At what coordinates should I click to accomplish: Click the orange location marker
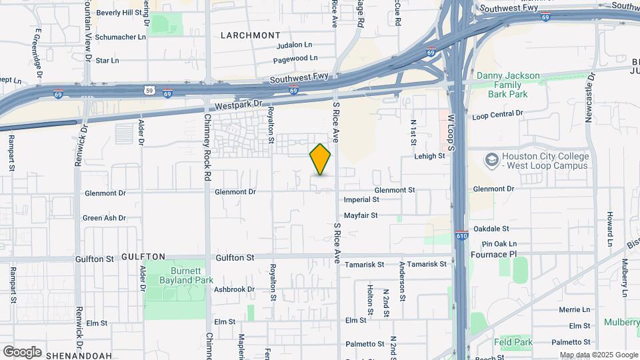tap(321, 159)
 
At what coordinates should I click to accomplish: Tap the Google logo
tap(22, 352)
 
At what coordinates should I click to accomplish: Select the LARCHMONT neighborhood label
tap(250, 35)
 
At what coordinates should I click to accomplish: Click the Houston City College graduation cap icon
tap(492, 160)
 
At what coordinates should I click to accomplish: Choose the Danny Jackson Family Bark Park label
tap(508, 85)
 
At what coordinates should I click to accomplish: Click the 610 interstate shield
tap(462, 235)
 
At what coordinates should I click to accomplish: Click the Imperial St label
tap(361, 199)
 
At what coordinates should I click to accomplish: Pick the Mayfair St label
tap(361, 215)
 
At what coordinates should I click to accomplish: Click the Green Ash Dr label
tap(104, 218)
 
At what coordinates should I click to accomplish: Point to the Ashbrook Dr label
tap(234, 289)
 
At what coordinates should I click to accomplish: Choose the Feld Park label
tap(513, 342)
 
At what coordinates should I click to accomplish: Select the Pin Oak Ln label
tap(499, 244)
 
